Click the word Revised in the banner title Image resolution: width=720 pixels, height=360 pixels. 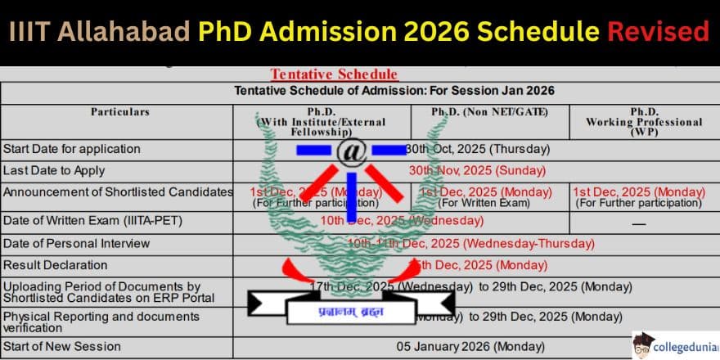coord(658,31)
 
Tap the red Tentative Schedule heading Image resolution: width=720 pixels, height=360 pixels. coord(334,74)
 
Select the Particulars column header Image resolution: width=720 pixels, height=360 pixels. coord(120,111)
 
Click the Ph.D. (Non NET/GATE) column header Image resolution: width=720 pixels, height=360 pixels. coord(489,111)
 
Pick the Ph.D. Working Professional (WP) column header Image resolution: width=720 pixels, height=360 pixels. coord(644,121)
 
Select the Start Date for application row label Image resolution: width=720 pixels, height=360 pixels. coord(72,149)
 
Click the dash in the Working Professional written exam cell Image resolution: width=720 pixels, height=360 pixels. coord(639,223)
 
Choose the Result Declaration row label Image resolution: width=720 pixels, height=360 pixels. coord(56,265)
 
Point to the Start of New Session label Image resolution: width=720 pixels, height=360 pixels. coord(62,346)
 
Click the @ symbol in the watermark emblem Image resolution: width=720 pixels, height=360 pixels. coord(351,150)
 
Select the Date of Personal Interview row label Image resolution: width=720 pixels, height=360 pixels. coord(77,243)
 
